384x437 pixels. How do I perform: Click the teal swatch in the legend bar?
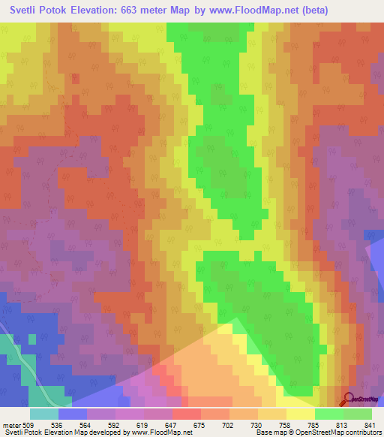(x=43, y=414)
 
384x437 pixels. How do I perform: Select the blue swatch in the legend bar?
(x=72, y=414)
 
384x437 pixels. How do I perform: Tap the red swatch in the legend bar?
(x=186, y=414)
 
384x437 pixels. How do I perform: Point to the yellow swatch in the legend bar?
(x=300, y=414)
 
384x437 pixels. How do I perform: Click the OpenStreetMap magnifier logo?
(x=349, y=399)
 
